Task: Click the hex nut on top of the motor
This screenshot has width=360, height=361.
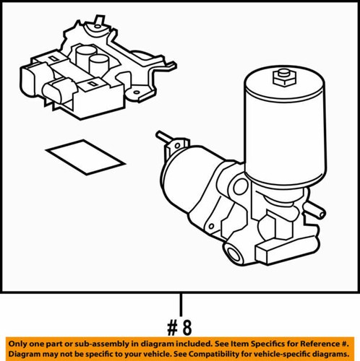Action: click(283, 76)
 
